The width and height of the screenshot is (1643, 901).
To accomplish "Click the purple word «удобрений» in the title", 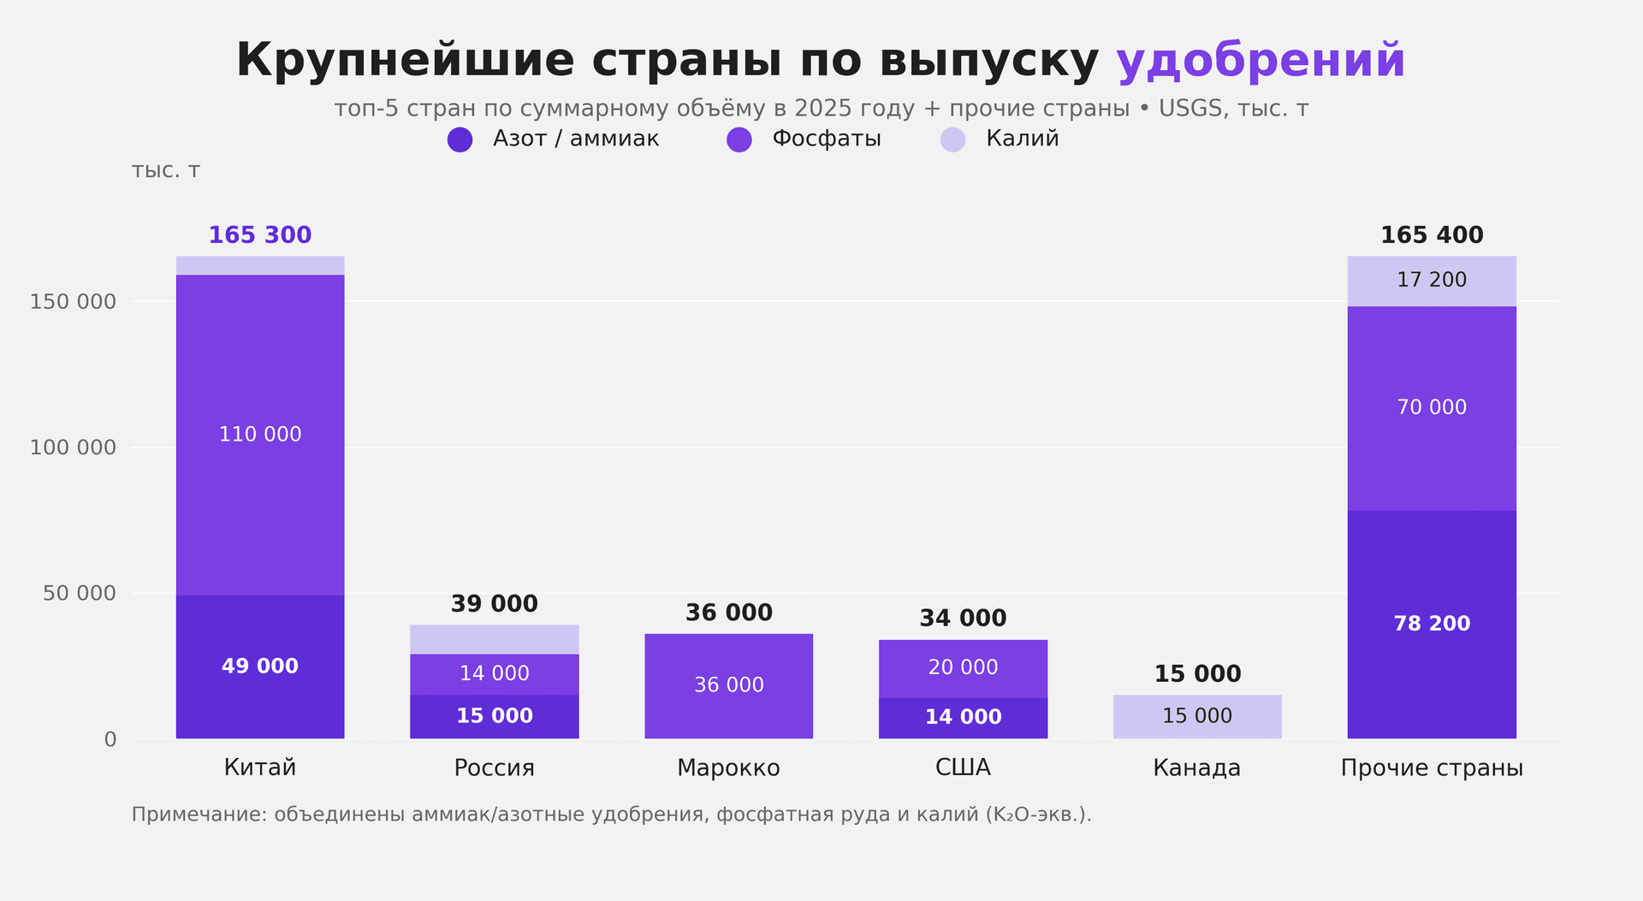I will pyautogui.click(x=1260, y=61).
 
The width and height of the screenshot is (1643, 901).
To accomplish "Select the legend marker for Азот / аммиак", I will pyautogui.click(x=460, y=139).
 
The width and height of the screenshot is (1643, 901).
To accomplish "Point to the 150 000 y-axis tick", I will pyautogui.click(x=73, y=302).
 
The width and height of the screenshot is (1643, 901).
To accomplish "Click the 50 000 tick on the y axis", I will pyautogui.click(x=79, y=593).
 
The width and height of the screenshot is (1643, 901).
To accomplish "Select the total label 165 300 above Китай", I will pyautogui.click(x=260, y=235).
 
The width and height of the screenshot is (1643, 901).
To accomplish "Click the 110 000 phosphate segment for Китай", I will pyautogui.click(x=260, y=435).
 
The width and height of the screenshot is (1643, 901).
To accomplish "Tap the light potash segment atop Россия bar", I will pyautogui.click(x=494, y=639).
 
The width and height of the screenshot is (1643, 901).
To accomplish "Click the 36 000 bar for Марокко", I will pyautogui.click(x=728, y=685).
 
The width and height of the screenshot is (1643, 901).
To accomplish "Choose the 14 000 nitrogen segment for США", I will pyautogui.click(x=963, y=717).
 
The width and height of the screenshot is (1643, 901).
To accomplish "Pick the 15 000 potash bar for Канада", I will pyautogui.click(x=1196, y=716).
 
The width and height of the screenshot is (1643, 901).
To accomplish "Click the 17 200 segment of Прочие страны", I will pyautogui.click(x=1431, y=281).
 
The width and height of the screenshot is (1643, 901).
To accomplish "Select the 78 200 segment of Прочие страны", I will pyautogui.click(x=1431, y=624).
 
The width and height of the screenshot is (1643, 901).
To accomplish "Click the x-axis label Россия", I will pyautogui.click(x=494, y=768).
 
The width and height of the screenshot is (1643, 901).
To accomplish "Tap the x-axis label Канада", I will pyautogui.click(x=1196, y=768).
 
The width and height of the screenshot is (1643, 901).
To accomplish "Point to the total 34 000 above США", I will pyautogui.click(x=963, y=618).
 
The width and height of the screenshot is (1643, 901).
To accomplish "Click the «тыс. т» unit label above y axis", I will pyautogui.click(x=165, y=170).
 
